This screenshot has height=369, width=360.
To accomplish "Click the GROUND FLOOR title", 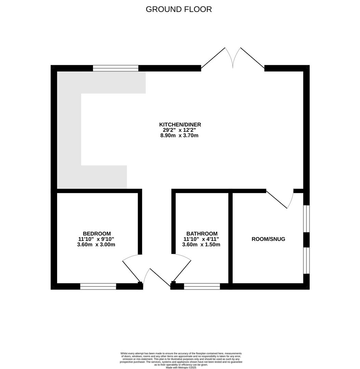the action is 179,9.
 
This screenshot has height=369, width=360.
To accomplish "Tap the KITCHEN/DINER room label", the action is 180,124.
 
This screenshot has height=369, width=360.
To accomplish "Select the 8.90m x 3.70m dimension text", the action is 179,136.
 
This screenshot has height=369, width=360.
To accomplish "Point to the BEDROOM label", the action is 97,234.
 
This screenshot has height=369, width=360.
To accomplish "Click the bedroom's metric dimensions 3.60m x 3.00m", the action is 96,245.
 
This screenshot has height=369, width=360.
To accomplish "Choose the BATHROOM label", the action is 202,234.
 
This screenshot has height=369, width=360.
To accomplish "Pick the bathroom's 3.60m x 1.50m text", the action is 201,245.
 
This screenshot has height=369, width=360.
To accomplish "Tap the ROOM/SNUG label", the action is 268,239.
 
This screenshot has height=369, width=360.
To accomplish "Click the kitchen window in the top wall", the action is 116,68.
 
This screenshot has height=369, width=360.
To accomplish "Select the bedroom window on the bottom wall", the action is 98,286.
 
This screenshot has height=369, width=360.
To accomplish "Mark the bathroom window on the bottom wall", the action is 202,286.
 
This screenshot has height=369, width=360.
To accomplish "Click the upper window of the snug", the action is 306,219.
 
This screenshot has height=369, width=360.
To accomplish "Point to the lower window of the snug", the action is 306,260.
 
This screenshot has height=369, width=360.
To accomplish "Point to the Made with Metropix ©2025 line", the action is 181,367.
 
